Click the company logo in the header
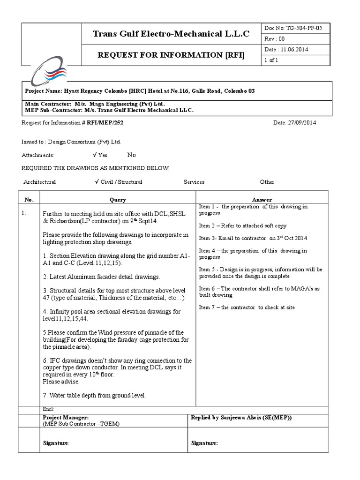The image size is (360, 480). [x=49, y=69]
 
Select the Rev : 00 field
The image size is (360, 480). [x=275, y=39]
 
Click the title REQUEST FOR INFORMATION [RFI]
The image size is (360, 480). [x=171, y=55]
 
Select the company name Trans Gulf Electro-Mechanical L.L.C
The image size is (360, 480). [x=171, y=33]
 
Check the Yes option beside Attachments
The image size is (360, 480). [x=100, y=155]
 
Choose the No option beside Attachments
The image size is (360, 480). [x=131, y=155]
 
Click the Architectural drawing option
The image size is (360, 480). [x=39, y=182]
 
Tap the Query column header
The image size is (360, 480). [x=118, y=200]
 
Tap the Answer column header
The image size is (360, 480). [x=262, y=200]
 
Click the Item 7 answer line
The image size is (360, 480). [x=247, y=307]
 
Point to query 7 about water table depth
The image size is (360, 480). [x=94, y=395]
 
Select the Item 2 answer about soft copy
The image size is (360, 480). [x=242, y=226]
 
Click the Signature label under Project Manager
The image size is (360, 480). [x=56, y=442]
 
